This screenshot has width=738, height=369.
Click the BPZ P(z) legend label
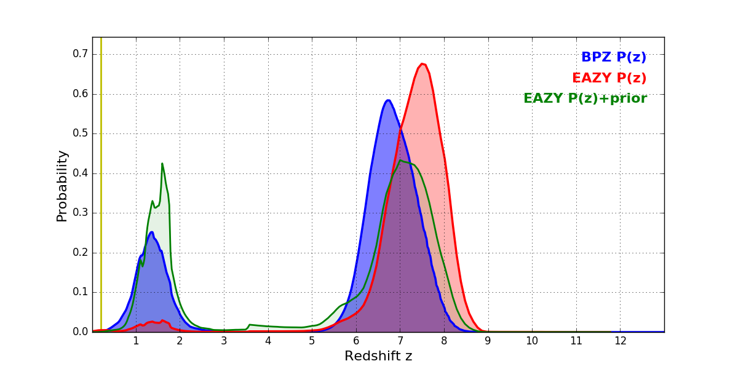[x=613, y=57]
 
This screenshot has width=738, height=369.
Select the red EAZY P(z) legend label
[x=609, y=78]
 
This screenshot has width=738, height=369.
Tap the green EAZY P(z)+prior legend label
[x=585, y=98]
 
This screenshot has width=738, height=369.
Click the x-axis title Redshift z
[x=378, y=356]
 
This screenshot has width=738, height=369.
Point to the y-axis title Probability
[x=62, y=185]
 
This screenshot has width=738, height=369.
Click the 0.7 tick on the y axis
[x=80, y=54]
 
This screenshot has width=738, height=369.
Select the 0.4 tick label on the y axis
[x=80, y=173]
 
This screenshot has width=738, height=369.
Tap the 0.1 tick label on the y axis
[x=80, y=292]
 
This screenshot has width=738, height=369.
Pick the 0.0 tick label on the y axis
[x=80, y=332]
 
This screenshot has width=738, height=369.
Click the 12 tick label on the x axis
[x=620, y=341]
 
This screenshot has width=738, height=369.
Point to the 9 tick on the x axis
[x=488, y=341]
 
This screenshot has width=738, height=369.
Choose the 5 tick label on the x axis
[x=312, y=341]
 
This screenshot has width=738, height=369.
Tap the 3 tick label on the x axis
[x=224, y=341]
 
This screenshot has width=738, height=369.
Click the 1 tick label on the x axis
[x=136, y=341]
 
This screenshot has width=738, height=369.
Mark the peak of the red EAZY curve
[x=423, y=64]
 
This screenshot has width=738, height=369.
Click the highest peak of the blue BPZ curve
[x=388, y=100]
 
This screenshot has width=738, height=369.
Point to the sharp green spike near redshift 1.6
[x=162, y=164]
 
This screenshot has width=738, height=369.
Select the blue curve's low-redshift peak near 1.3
[x=151, y=232]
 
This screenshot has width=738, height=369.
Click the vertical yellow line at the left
[x=101, y=184]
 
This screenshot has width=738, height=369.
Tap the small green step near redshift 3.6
[x=250, y=324]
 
